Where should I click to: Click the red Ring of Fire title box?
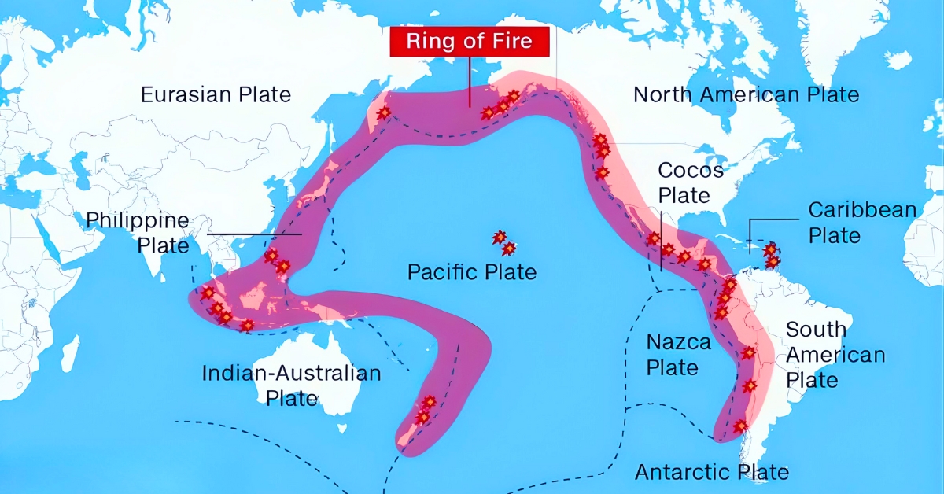(469, 42)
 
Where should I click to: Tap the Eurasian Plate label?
(216, 95)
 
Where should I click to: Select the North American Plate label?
(746, 95)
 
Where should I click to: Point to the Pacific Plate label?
(471, 273)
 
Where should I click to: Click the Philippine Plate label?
(138, 232)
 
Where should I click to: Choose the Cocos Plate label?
(690, 182)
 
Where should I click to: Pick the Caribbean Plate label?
(862, 223)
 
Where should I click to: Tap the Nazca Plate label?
(678, 355)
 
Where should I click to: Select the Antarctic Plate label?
(711, 472)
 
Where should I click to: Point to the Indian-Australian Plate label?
(291, 385)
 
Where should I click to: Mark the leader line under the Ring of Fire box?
(470, 83)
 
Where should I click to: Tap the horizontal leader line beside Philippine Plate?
(255, 234)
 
